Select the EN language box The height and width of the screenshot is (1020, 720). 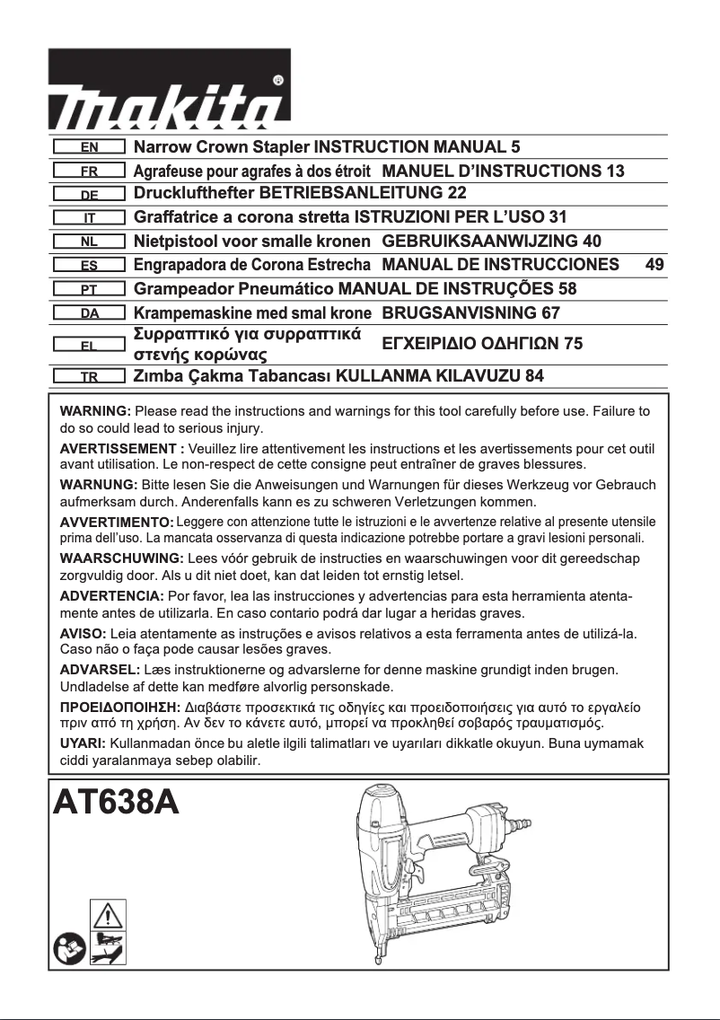pyautogui.click(x=88, y=146)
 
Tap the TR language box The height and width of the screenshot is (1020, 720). pyautogui.click(x=88, y=376)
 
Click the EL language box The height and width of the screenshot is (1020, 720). pyautogui.click(x=88, y=344)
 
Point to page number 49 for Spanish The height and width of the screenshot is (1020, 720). pyautogui.click(x=654, y=265)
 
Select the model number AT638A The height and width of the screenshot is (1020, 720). pyautogui.click(x=116, y=801)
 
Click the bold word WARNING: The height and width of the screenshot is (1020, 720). pyautogui.click(x=95, y=411)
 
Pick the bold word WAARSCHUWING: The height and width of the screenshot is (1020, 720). pyautogui.click(x=120, y=558)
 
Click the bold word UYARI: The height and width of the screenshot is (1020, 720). pyautogui.click(x=83, y=744)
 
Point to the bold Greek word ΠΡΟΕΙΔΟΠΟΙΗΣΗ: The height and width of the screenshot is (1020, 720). pyautogui.click(x=119, y=708)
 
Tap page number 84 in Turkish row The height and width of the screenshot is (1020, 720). pyautogui.click(x=534, y=376)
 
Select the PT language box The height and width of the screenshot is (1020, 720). pyautogui.click(x=88, y=289)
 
